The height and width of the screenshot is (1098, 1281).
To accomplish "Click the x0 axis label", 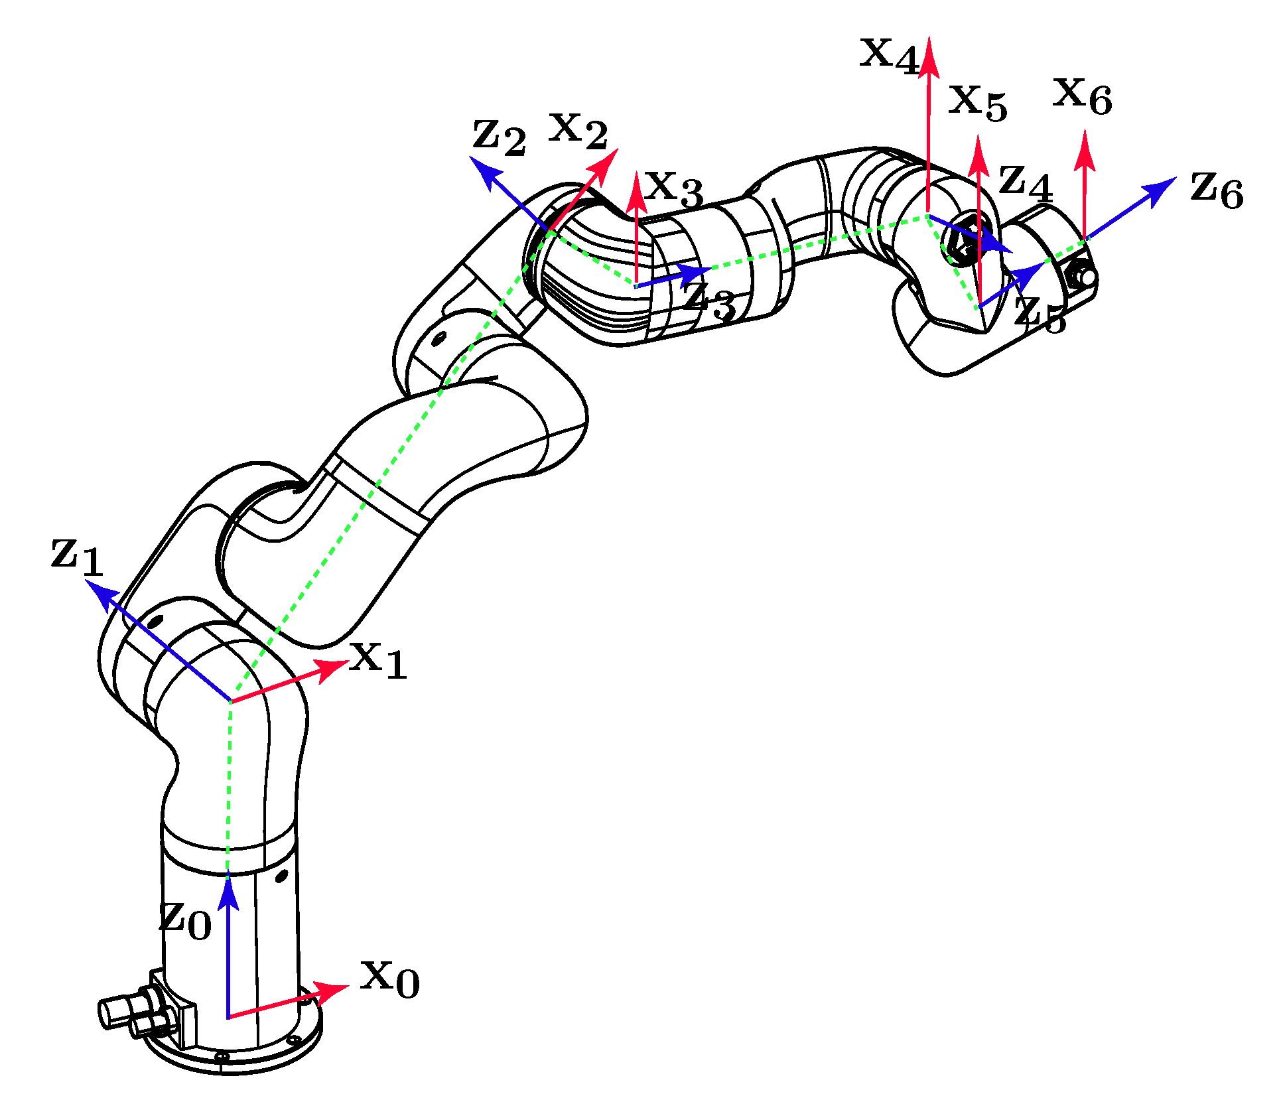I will (x=389, y=979).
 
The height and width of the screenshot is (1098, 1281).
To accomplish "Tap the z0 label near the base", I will (x=185, y=920).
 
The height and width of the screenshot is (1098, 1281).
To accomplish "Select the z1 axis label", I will (x=77, y=556).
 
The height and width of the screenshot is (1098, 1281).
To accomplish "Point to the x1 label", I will (x=378, y=660).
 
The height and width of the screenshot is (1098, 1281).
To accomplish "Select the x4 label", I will (x=889, y=54).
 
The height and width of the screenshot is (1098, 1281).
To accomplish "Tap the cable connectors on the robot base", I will (x=136, y=1014).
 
